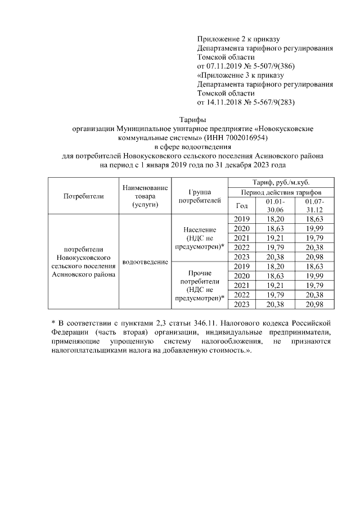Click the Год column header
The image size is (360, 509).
[242, 205]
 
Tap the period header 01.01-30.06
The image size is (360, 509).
[276, 205]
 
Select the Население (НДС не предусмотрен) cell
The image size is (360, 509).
[200, 238]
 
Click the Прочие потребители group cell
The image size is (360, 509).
[200, 285]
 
